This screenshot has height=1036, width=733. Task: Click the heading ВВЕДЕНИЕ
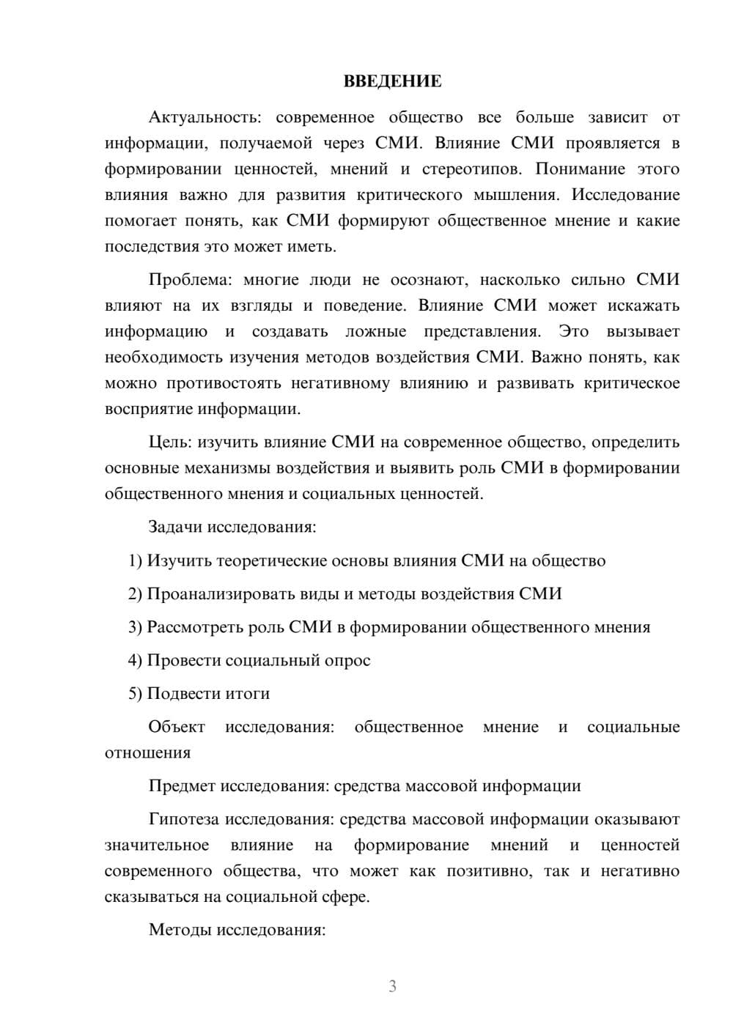pos(392,81)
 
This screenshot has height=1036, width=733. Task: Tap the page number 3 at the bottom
pos(392,986)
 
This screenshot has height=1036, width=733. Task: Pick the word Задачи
pos(176,527)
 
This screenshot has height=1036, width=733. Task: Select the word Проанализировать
pos(221,594)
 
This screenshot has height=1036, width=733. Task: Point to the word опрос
pos(347,661)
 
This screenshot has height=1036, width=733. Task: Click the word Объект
pos(177,727)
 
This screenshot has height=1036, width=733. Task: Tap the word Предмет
pos(182,786)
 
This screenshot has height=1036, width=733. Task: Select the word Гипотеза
pos(184,819)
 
